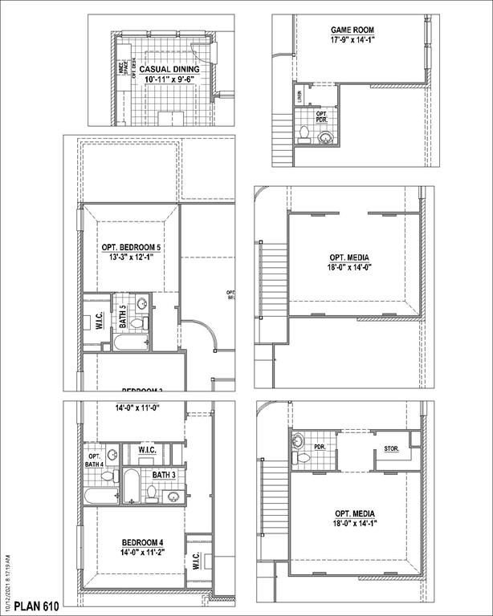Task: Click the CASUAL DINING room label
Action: pos(169,70)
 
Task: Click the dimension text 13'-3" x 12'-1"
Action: pos(131,258)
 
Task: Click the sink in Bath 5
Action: pos(141,304)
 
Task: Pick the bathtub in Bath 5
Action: pos(130,343)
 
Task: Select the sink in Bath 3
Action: pos(171,495)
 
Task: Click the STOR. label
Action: pos(392,448)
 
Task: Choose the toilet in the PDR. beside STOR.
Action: pos(303,457)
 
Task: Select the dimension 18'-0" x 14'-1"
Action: pos(354,523)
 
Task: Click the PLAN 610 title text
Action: pos(37,605)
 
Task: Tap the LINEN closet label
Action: pos(299,97)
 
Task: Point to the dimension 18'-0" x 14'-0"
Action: pos(349,269)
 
